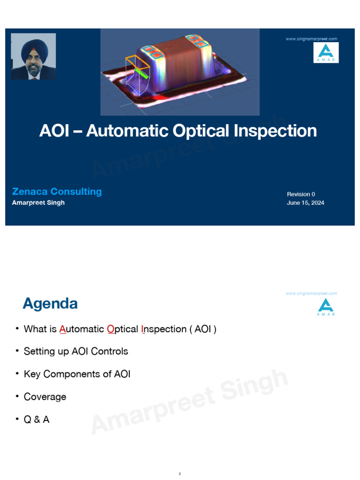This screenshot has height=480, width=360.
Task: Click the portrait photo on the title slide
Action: point(33,56)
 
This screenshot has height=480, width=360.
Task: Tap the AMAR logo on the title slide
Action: point(326,52)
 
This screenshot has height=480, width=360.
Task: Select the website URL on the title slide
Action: point(311,39)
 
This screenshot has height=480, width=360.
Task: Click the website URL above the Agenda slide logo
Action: point(311,293)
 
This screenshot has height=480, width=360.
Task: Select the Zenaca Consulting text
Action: point(57,191)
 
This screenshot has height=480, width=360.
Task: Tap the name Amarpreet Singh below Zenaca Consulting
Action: point(38,203)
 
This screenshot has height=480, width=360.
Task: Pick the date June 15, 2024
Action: point(306,203)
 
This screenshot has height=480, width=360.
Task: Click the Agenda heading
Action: point(50,304)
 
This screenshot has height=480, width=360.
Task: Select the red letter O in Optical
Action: point(111,329)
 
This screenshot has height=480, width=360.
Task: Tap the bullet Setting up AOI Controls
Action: point(76,351)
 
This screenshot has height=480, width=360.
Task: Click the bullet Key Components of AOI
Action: point(77,374)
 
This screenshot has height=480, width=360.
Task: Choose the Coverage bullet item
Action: point(45,397)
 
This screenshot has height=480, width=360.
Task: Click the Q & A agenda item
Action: point(37,420)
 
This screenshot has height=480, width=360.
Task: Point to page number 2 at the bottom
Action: point(180,474)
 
